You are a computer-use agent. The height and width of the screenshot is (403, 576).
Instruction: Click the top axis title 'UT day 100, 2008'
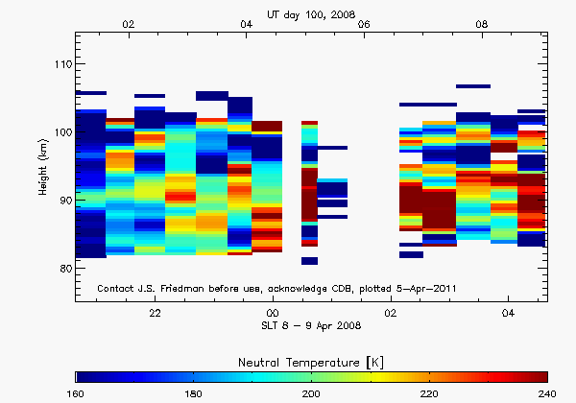coord(312,10)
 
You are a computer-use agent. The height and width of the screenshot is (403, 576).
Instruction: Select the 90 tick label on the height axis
coord(63,200)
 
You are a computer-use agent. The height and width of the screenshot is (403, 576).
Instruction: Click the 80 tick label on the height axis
coord(63,268)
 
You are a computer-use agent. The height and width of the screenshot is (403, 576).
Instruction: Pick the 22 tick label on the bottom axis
coord(155,313)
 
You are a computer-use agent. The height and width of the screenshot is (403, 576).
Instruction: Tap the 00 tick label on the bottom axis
coord(273,313)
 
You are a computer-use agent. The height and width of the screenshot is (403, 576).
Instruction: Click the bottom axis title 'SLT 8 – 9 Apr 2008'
coord(312,326)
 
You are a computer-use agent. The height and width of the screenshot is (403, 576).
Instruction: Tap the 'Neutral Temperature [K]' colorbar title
coord(312,358)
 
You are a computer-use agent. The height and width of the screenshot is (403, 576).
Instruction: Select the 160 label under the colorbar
coord(78,393)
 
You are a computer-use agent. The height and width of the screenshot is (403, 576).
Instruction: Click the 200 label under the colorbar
coord(312,393)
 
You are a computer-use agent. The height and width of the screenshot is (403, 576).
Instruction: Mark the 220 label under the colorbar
coord(429,393)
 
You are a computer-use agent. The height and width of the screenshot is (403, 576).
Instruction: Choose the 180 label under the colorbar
coord(195,393)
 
